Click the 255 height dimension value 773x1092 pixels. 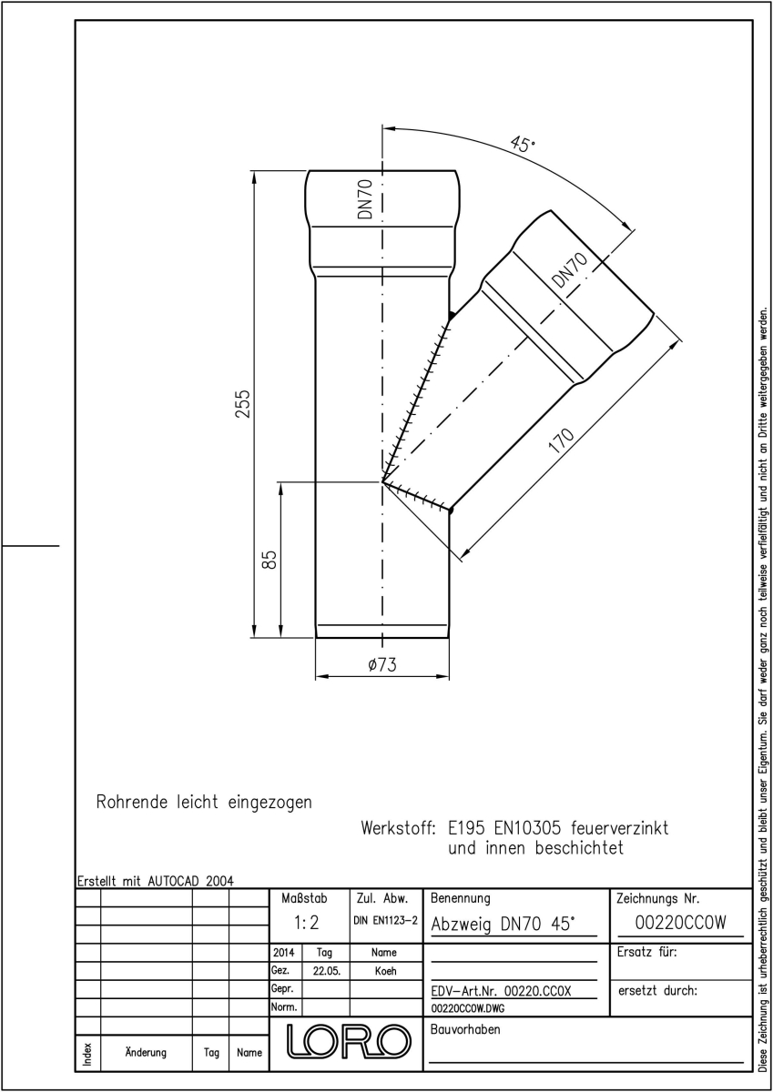(242, 404)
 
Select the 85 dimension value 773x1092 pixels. (270, 560)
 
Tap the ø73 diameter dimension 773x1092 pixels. (382, 664)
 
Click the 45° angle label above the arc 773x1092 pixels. (523, 144)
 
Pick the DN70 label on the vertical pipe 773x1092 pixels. (365, 199)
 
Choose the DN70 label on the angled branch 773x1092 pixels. (570, 271)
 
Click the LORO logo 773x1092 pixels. (348, 1042)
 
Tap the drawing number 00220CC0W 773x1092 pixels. (681, 923)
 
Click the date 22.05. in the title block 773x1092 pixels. (326, 971)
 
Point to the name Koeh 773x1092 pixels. (385, 971)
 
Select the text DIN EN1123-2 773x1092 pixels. (385, 921)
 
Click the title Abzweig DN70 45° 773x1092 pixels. (501, 924)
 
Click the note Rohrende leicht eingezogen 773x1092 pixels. (204, 802)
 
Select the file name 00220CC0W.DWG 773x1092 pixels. (468, 1008)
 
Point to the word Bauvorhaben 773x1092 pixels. (465, 1029)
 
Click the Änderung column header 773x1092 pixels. (146, 1053)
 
